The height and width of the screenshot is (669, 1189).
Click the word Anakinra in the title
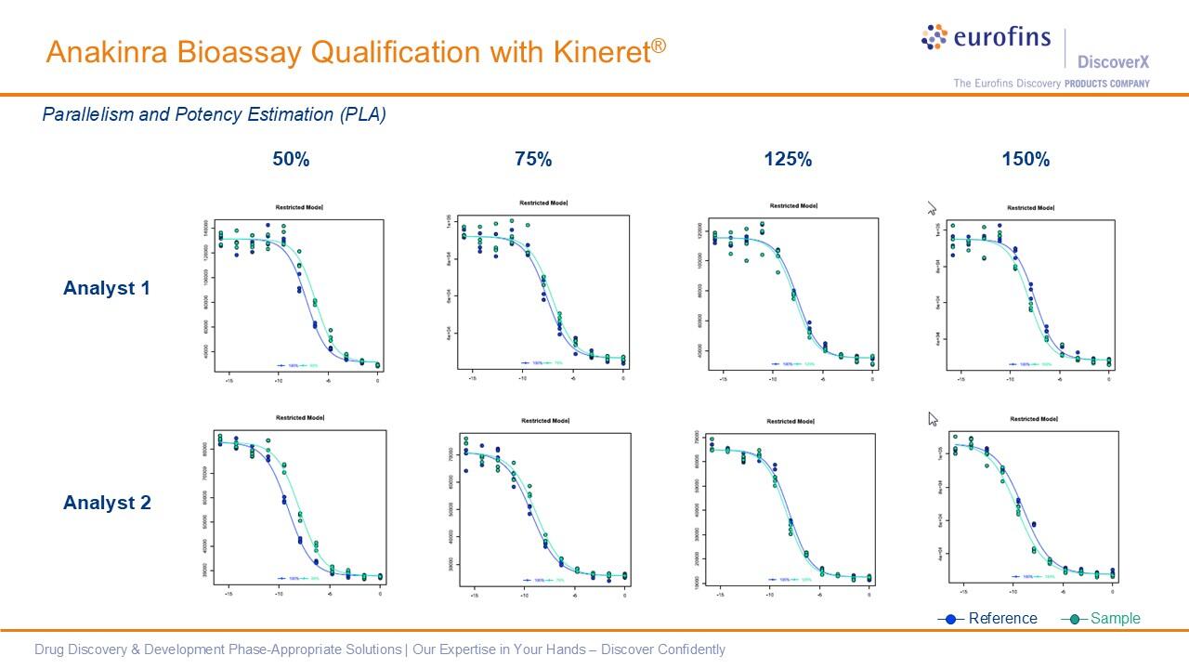pyautogui.click(x=103, y=52)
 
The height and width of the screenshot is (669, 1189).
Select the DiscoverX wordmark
pyautogui.click(x=1113, y=62)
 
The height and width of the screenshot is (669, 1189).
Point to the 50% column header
pyautogui.click(x=291, y=160)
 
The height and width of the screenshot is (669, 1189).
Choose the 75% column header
pyautogui.click(x=533, y=160)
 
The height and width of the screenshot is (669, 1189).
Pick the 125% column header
pyautogui.click(x=788, y=160)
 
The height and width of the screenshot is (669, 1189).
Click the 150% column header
pyautogui.click(x=1026, y=160)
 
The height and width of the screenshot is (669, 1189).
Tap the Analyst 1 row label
pyautogui.click(x=106, y=288)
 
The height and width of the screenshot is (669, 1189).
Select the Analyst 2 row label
pyautogui.click(x=106, y=503)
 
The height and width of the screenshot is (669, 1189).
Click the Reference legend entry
pyautogui.click(x=1001, y=619)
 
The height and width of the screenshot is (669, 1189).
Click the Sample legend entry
pyautogui.click(x=1114, y=619)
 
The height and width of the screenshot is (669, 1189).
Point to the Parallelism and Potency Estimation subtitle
pyautogui.click(x=214, y=114)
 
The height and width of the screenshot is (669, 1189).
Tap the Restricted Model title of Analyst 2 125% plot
pyautogui.click(x=791, y=421)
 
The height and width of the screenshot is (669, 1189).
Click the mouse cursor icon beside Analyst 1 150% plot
pyautogui.click(x=932, y=209)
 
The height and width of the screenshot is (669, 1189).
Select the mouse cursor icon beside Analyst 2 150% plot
pyautogui.click(x=933, y=419)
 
